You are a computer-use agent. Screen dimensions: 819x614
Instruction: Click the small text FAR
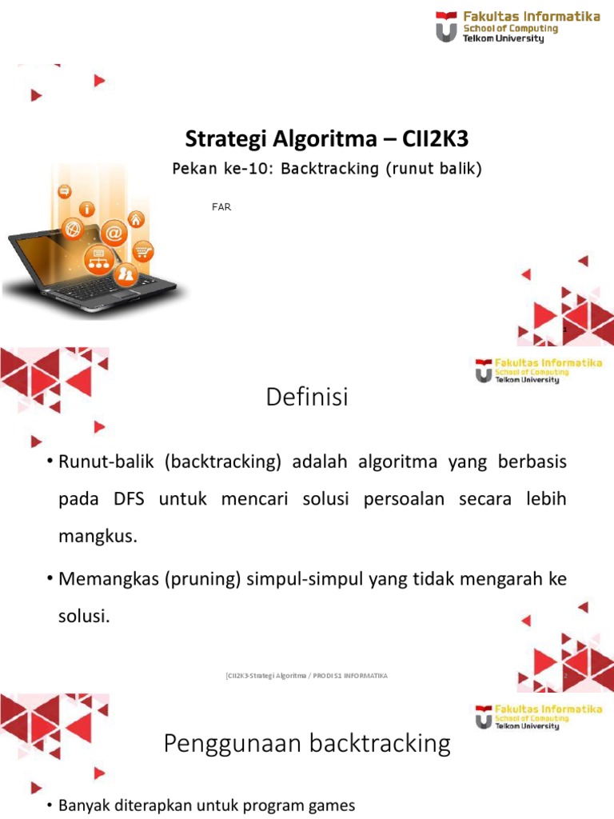click(221, 207)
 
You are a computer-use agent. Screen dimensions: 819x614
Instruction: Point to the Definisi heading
click(307, 397)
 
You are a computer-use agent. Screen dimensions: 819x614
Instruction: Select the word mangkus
click(98, 536)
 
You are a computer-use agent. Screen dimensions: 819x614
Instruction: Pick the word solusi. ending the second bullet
click(83, 616)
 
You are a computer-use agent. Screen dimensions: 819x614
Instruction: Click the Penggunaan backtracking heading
click(307, 745)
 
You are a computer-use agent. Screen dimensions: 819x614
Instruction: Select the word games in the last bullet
click(328, 805)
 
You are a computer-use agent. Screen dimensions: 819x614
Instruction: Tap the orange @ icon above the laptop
click(114, 233)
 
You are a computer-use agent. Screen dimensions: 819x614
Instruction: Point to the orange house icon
click(137, 218)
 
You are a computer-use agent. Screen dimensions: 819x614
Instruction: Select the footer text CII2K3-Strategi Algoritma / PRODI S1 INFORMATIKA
click(307, 676)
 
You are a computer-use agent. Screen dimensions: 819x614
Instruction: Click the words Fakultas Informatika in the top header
click(532, 17)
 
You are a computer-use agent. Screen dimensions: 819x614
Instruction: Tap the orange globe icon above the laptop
click(74, 229)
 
